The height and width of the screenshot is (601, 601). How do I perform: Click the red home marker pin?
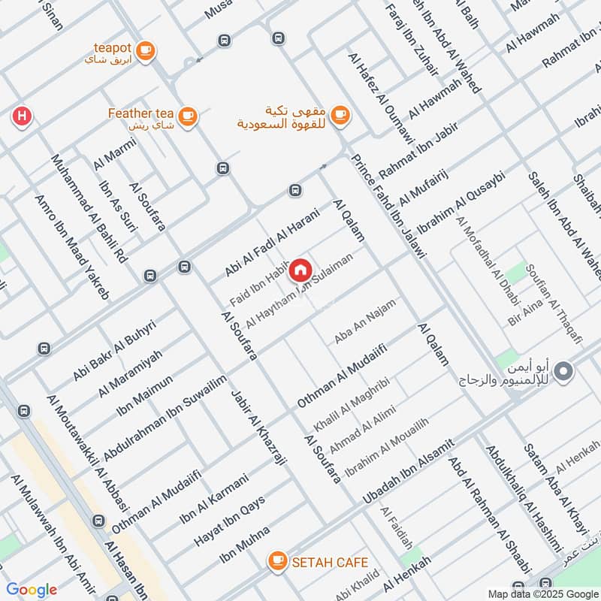(x=300, y=270)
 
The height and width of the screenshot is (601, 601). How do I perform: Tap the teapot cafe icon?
(x=146, y=51)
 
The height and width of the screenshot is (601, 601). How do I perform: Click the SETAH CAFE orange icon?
(x=278, y=560)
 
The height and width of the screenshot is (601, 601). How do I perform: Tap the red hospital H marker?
(x=22, y=116)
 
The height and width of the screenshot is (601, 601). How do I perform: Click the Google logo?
(x=32, y=590)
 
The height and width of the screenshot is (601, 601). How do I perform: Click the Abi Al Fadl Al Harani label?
(x=272, y=242)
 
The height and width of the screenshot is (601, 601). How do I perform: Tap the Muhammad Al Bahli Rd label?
(x=89, y=208)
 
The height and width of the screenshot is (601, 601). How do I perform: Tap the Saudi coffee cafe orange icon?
(x=340, y=114)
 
